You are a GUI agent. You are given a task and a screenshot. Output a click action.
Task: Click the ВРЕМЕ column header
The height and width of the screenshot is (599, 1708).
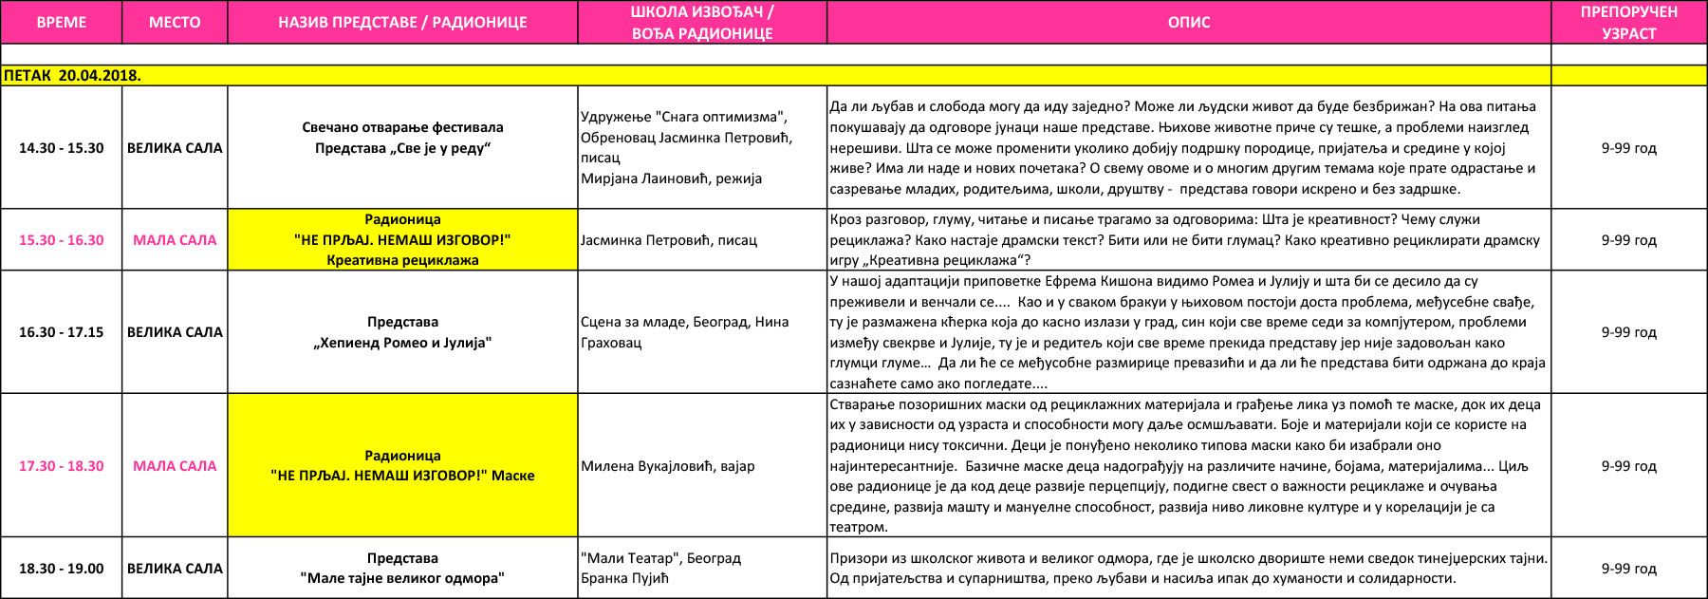tap(62, 22)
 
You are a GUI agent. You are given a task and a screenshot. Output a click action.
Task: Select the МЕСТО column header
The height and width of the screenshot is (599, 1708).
tap(175, 22)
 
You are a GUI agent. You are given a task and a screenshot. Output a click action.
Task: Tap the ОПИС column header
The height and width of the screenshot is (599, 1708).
tap(1188, 22)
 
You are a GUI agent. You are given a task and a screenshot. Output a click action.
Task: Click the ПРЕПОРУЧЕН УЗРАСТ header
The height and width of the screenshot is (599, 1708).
tap(1628, 22)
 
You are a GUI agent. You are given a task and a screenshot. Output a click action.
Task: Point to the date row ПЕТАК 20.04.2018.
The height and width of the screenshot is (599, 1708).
tap(73, 76)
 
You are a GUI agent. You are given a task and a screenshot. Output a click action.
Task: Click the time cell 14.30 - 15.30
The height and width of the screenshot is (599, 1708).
tap(62, 148)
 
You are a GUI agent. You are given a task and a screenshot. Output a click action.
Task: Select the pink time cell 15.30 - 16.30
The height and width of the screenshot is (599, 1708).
tap(62, 240)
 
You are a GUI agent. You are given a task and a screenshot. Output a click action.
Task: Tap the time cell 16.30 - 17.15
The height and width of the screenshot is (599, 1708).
tap(62, 332)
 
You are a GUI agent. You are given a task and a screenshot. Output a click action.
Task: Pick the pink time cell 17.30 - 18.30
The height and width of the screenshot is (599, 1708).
tap(62, 466)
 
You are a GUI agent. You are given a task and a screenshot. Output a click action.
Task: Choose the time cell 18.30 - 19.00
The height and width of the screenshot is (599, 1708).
tap(62, 569)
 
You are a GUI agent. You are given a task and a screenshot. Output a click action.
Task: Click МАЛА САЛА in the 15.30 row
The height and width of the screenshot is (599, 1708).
tap(175, 240)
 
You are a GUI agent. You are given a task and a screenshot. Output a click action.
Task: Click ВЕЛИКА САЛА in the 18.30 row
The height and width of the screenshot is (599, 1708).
tap(175, 569)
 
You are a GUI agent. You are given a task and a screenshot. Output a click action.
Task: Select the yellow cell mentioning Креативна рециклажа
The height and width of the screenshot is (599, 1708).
tap(402, 240)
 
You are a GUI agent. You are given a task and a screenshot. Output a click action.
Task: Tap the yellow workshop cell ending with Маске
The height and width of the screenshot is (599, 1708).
tap(402, 466)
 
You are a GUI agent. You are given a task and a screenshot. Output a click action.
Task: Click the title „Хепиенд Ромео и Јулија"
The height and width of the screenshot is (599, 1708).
tap(402, 343)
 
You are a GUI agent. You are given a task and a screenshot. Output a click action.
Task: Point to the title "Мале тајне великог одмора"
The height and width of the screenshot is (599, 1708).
tap(402, 578)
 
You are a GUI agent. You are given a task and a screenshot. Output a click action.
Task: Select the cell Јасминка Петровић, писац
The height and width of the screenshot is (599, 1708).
tap(668, 240)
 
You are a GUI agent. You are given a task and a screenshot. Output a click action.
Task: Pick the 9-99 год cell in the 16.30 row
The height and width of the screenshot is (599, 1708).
tap(1628, 332)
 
